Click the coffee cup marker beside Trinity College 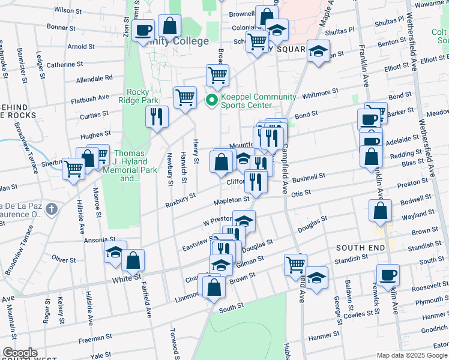pos(144,30)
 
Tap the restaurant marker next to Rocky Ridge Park pos(156,116)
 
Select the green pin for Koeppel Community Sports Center pos(211,101)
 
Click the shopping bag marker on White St pos(133,260)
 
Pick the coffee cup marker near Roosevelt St pos(388,275)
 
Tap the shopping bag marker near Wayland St pos(381,211)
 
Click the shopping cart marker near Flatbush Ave pos(185,97)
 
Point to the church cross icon pos(52,209)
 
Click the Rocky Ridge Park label pos(141,97)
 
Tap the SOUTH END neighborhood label pos(360,247)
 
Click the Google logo pos(20,353)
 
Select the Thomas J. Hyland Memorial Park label pos(127,166)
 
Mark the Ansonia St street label pos(103,239)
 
